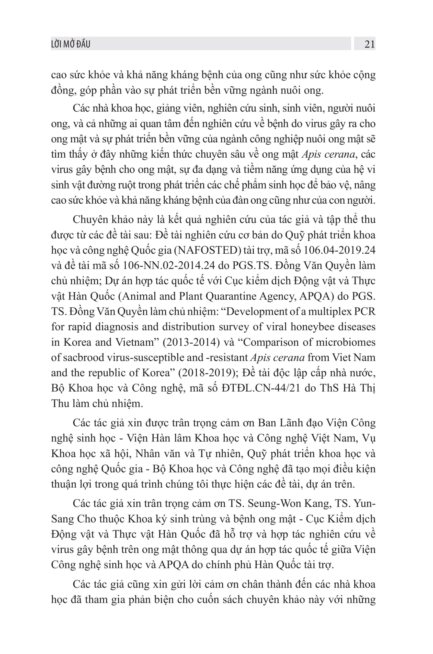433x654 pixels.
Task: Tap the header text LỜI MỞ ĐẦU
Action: [71, 44]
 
